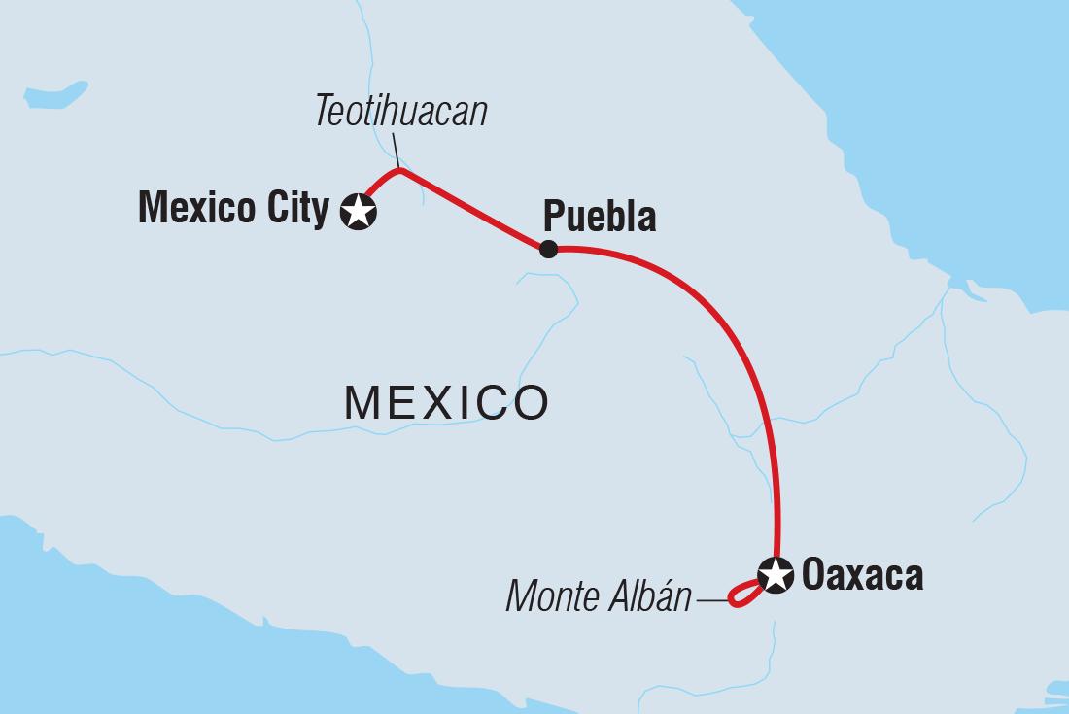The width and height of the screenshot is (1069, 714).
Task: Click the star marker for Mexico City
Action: coord(359,211)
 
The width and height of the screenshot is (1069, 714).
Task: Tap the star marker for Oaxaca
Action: coord(776,574)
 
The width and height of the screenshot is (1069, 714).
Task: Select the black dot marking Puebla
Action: coord(548,250)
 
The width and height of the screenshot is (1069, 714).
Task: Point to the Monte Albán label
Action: coord(598,597)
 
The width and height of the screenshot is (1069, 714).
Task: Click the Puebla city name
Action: coord(600,216)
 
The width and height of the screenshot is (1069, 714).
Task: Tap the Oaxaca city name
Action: coord(862,575)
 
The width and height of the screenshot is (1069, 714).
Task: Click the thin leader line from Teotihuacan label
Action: coord(396,151)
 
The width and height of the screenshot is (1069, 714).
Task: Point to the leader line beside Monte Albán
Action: coord(712,600)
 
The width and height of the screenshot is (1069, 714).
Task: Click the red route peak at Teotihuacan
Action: coord(399,172)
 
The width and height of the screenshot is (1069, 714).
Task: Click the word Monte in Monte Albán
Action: coord(549,597)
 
